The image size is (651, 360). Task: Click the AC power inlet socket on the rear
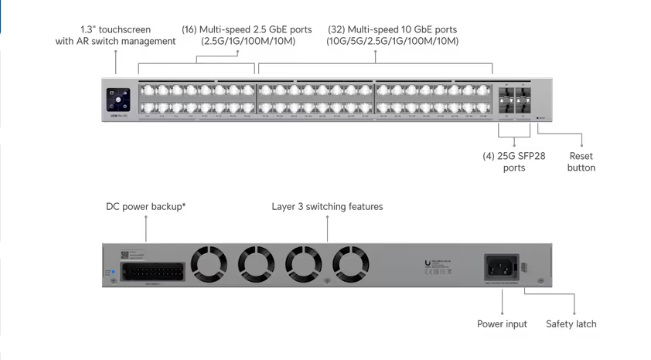[x=499, y=267]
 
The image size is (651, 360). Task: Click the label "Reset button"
[x=581, y=161]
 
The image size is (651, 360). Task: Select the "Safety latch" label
[x=571, y=324]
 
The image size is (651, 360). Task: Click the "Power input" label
[x=501, y=324]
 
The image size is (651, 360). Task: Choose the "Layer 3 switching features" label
[x=327, y=207]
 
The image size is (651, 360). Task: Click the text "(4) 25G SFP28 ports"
[x=514, y=161]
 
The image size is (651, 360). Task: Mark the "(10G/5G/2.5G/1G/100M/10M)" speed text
[x=392, y=41]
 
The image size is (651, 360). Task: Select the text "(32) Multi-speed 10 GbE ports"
[x=392, y=28]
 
